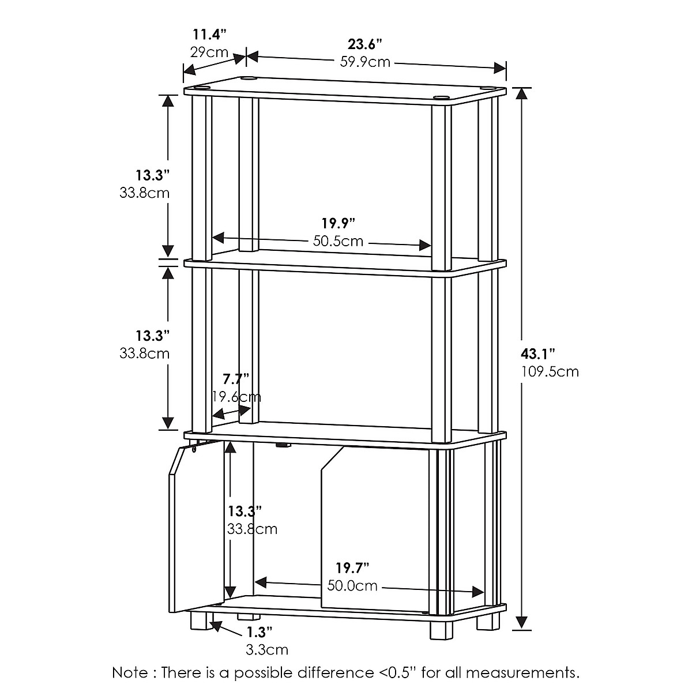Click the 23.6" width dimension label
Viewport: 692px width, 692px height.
tap(365, 44)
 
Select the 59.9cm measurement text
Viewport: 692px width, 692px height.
tap(366, 61)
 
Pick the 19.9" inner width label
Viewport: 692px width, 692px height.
tap(338, 223)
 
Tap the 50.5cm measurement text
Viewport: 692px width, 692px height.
tap(339, 240)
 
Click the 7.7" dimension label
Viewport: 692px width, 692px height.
tap(235, 379)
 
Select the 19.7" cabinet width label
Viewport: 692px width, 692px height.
tap(352, 568)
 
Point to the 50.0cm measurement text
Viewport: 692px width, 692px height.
tap(352, 586)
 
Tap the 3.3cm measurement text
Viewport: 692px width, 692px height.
tap(266, 650)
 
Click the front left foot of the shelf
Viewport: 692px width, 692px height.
tap(199, 622)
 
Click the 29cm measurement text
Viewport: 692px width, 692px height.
tap(209, 53)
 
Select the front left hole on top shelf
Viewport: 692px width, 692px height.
tap(201, 88)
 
